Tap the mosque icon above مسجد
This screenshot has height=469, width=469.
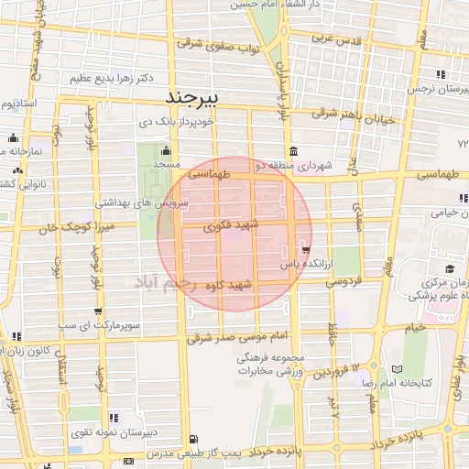coord(166,151)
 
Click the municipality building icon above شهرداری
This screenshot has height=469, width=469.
coord(292,151)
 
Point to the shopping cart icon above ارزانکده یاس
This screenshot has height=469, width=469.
coord(305,250)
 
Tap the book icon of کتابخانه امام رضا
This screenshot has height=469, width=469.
coord(395,369)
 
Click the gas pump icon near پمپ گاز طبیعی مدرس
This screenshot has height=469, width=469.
coord(127,460)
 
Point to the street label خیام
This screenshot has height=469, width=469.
coord(414,326)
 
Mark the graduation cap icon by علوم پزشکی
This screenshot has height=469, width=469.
coord(451,268)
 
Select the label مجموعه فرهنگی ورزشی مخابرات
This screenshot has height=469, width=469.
coord(270,364)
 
